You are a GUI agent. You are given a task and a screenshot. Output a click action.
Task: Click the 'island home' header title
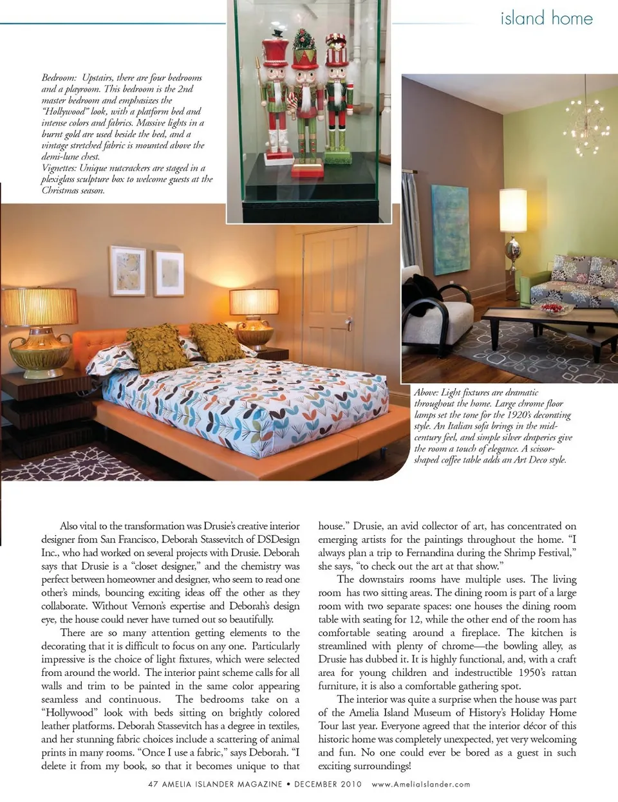[x=546, y=18]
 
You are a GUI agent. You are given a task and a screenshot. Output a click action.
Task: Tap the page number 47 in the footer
[x=153, y=784]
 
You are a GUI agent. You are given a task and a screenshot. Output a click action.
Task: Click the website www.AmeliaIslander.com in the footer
[x=421, y=784]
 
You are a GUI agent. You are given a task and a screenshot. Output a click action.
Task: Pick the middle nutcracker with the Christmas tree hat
[x=306, y=103]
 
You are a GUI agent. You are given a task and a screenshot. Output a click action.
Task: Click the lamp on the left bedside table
[x=39, y=328]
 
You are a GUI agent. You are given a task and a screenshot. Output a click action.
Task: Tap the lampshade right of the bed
[x=254, y=302]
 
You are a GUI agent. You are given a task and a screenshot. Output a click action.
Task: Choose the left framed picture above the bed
[x=127, y=270]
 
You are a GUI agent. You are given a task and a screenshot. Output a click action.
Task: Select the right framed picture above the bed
[x=169, y=273]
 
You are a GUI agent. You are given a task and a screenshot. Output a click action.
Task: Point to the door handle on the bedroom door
[x=348, y=323]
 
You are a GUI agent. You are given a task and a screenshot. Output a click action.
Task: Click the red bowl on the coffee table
[x=554, y=308]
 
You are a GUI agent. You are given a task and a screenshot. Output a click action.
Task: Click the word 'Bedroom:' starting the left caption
[x=59, y=78]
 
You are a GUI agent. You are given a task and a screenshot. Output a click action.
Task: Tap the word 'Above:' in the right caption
[x=426, y=393]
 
